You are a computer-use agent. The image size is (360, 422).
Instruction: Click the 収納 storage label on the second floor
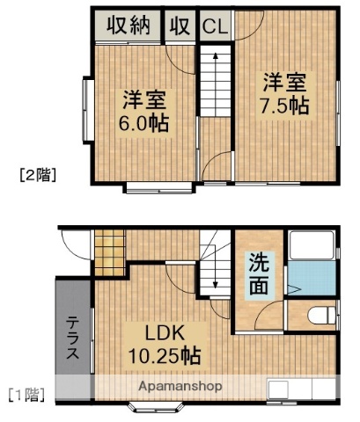click(129, 26)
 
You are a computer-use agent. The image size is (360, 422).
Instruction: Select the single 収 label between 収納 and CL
click(181, 26)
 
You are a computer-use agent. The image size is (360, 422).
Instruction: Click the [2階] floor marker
click(38, 175)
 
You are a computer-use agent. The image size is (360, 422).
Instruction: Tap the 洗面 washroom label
click(259, 273)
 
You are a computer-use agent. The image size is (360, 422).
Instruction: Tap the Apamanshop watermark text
click(179, 386)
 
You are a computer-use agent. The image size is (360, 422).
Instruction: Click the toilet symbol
click(322, 314)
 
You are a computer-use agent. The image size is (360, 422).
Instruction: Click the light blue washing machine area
click(310, 280)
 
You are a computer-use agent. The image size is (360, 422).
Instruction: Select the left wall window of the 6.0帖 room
click(86, 110)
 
